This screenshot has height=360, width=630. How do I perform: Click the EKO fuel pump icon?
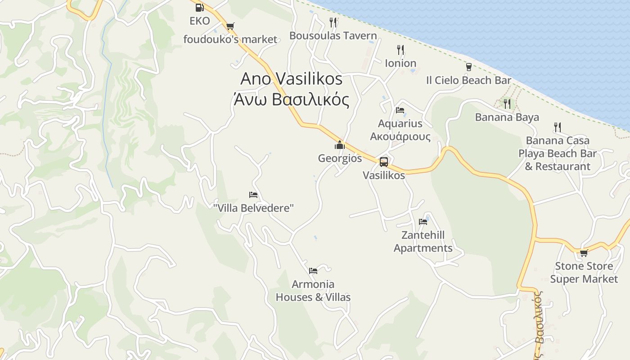pyautogui.click(x=199, y=7)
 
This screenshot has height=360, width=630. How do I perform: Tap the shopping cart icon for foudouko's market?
pyautogui.click(x=230, y=26)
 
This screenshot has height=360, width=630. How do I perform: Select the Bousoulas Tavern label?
pyautogui.click(x=333, y=36)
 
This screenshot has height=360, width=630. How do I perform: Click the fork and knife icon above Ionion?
pyautogui.click(x=400, y=49)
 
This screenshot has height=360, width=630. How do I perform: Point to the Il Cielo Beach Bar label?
pyautogui.click(x=468, y=81)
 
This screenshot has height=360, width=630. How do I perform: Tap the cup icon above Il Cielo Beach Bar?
pyautogui.click(x=469, y=67)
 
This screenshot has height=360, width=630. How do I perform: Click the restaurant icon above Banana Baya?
pyautogui.click(x=507, y=104)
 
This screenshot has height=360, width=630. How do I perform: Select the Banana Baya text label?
pyautogui.click(x=507, y=117)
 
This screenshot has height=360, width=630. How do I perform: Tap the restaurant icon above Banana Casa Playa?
pyautogui.click(x=558, y=127)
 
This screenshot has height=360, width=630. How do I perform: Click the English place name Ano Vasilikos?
pyautogui.click(x=292, y=79)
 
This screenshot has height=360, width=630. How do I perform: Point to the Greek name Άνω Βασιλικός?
pyautogui.click(x=292, y=99)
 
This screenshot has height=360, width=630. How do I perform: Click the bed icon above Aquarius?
pyautogui.click(x=400, y=110)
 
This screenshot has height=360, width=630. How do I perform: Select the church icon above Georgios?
pyautogui.click(x=340, y=145)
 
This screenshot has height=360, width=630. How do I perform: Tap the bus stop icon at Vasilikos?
pyautogui.click(x=384, y=162)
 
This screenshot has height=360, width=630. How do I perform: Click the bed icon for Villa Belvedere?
pyautogui.click(x=253, y=195)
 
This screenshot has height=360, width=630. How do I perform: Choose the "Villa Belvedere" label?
pyautogui.click(x=253, y=208)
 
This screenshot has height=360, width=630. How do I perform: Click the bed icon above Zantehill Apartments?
pyautogui.click(x=423, y=221)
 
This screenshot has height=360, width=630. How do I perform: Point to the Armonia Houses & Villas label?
pyautogui.click(x=313, y=291)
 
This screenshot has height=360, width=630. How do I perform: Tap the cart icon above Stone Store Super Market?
pyautogui.click(x=584, y=253)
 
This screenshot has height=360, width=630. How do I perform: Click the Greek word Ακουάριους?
pyautogui.click(x=400, y=136)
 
